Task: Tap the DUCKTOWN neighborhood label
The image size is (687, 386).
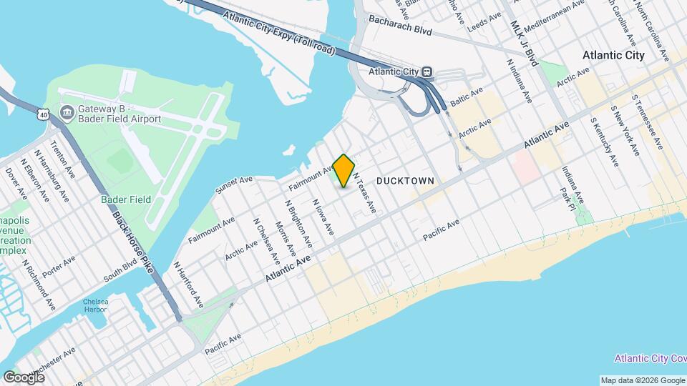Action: [x=404, y=182]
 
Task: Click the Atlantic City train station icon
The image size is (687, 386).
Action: [x=427, y=71]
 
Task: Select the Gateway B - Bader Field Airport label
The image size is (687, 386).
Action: [x=118, y=114]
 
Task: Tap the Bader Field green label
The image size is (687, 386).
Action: [x=125, y=199]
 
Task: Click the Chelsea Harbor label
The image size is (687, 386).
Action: [x=95, y=305]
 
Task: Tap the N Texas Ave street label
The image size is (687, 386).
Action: [x=364, y=195]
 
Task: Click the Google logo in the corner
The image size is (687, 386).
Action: [x=24, y=377]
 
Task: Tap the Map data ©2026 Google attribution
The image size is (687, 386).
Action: [x=642, y=380]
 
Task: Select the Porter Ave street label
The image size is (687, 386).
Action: [x=59, y=267]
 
